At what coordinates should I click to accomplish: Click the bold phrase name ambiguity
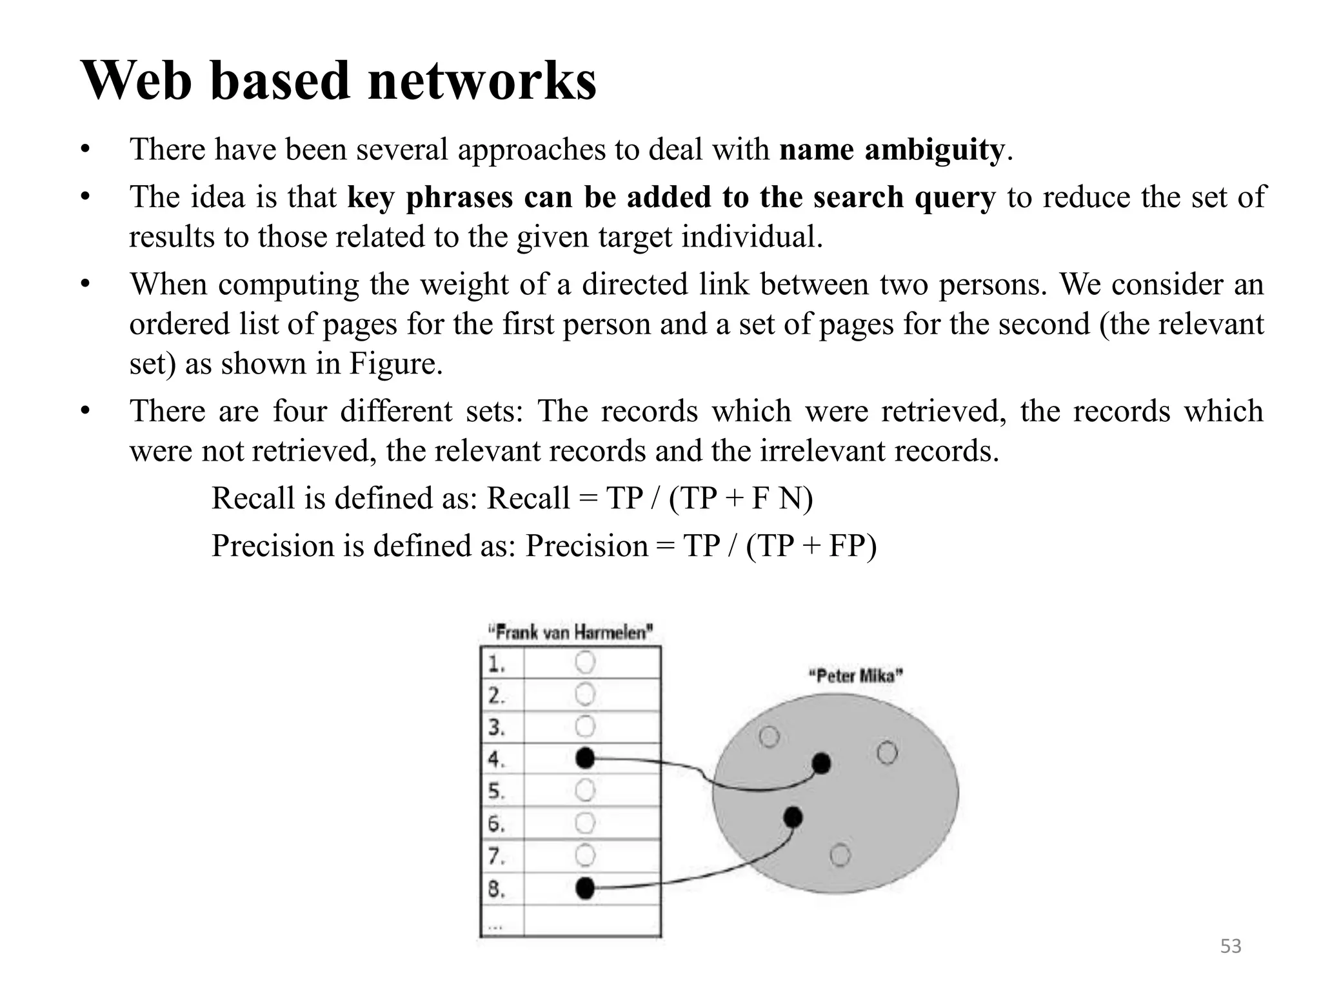[x=891, y=150]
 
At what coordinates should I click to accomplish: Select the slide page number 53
[x=1231, y=946]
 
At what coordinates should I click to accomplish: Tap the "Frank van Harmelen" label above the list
[x=570, y=632]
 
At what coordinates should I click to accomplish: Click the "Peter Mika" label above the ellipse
[x=855, y=676]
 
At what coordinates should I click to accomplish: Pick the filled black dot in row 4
[x=584, y=758]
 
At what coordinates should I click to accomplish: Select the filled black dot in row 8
[x=584, y=888]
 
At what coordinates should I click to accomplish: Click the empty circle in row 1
[x=584, y=662]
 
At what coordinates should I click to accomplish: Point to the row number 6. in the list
[x=495, y=824]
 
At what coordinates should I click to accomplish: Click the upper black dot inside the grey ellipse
[x=821, y=763]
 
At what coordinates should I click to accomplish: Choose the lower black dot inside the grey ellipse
[x=793, y=817]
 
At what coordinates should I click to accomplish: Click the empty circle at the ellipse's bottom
[x=840, y=856]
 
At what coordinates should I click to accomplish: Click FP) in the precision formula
[x=852, y=546]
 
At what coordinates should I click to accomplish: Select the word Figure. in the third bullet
[x=395, y=363]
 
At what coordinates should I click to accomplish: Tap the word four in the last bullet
[x=299, y=411]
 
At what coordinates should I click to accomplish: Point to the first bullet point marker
[x=84, y=150]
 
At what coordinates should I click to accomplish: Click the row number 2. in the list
[x=495, y=696]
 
